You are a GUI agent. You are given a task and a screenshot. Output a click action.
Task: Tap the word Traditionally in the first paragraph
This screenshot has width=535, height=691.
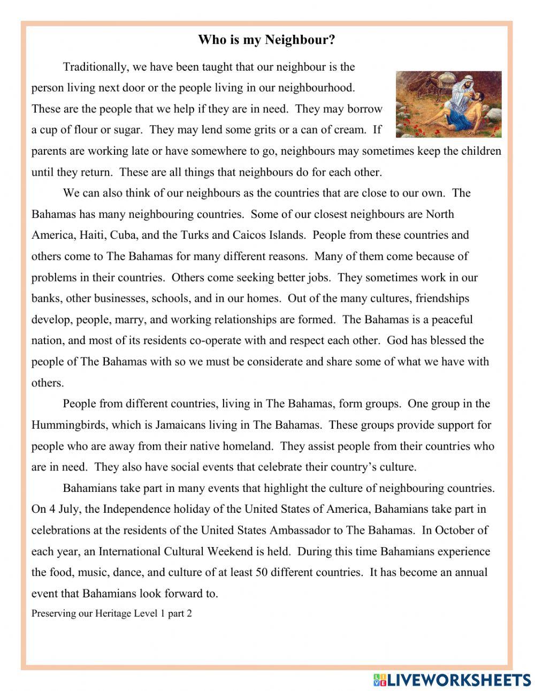pyautogui.click(x=95, y=67)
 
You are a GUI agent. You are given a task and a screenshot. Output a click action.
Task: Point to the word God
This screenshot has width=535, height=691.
pyautogui.click(x=398, y=340)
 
